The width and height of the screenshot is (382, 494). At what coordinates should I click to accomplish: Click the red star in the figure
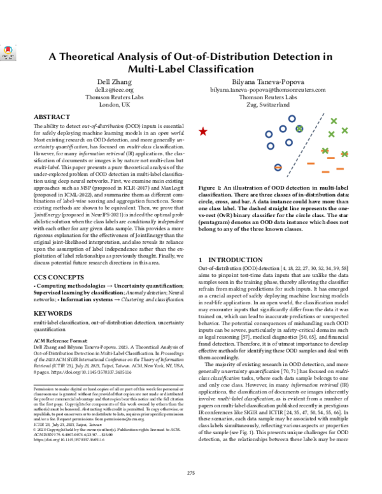[203, 132]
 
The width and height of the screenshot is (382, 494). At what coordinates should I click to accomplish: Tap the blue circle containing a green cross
[299, 129]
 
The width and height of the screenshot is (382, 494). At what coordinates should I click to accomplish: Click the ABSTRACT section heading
[52, 118]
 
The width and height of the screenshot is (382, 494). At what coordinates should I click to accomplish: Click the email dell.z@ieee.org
[107, 91]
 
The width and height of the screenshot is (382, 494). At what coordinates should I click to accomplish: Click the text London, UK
[107, 105]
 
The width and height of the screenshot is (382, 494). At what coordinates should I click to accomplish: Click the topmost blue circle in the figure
[291, 118]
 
